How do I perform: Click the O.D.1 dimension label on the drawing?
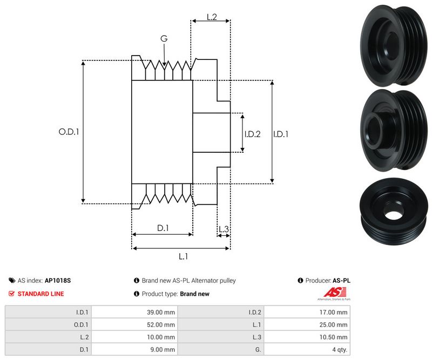(x=69, y=132)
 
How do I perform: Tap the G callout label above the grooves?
(x=164, y=39)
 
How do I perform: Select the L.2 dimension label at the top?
(x=211, y=18)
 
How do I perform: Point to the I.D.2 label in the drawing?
(x=253, y=134)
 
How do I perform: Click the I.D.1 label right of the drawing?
(x=281, y=134)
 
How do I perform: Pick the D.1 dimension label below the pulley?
(x=163, y=228)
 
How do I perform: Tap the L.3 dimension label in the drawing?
(x=224, y=229)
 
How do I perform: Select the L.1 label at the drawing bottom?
(x=183, y=257)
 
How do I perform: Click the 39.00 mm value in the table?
(x=163, y=312)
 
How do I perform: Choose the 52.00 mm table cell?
(x=163, y=324)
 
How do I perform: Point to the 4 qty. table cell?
(x=338, y=349)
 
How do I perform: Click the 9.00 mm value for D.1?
(x=164, y=349)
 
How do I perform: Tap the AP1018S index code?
(x=58, y=281)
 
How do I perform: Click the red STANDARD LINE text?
(x=40, y=294)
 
